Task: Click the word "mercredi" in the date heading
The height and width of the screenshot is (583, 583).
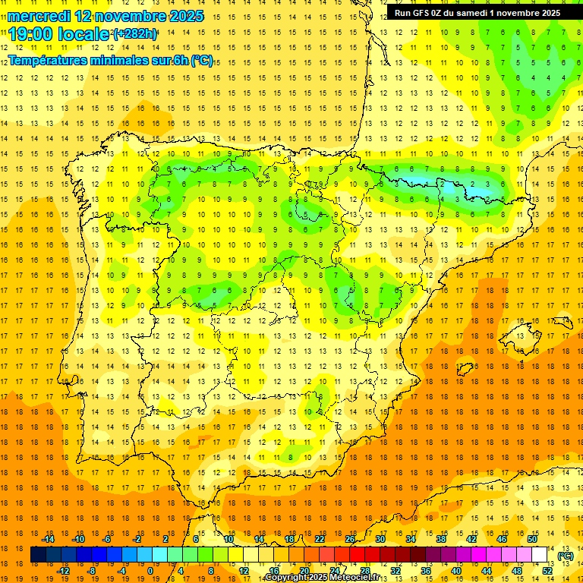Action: pyautogui.click(x=36, y=15)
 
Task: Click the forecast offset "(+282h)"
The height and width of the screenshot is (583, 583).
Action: pyautogui.click(x=135, y=34)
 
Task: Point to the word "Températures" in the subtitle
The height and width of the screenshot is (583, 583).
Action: pyautogui.click(x=48, y=61)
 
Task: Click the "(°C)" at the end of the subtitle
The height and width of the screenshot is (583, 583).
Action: pyautogui.click(x=202, y=61)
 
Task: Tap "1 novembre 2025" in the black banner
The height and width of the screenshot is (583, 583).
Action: pyautogui.click(x=524, y=13)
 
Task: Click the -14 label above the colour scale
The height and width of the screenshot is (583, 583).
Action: pyautogui.click(x=48, y=539)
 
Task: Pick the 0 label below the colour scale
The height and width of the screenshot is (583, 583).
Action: pyautogui.click(x=150, y=571)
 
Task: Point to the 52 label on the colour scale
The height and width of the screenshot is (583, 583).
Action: pyautogui.click(x=547, y=571)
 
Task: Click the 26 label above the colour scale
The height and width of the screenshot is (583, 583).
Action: pyautogui.click(x=350, y=539)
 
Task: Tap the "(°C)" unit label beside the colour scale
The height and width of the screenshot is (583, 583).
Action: pyautogui.click(x=566, y=556)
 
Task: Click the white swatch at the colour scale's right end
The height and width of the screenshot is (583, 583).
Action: pyautogui.click(x=539, y=555)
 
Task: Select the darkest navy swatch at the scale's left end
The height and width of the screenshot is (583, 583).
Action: pyautogui.click(x=38, y=555)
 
